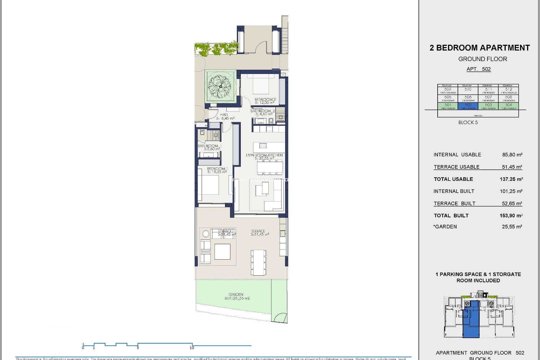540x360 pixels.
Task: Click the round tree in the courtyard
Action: [x=220, y=86]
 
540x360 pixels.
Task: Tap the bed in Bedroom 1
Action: [x=208, y=185]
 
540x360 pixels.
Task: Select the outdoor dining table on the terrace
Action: [x=258, y=262]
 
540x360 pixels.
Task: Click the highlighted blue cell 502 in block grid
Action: [x=468, y=106]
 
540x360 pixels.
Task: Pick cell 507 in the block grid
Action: [x=488, y=98]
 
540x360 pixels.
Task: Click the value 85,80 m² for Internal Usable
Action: [x=512, y=155]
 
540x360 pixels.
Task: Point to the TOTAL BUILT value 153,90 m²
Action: [x=511, y=215]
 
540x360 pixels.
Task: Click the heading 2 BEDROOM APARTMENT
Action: [x=480, y=48]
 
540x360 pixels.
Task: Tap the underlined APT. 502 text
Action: [x=478, y=69]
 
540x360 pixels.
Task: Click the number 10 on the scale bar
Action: [x=192, y=348]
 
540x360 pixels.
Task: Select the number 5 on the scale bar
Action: [x=138, y=348]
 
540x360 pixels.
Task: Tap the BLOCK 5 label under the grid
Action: [x=468, y=122]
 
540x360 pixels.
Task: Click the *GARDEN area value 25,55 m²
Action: [x=512, y=227]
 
